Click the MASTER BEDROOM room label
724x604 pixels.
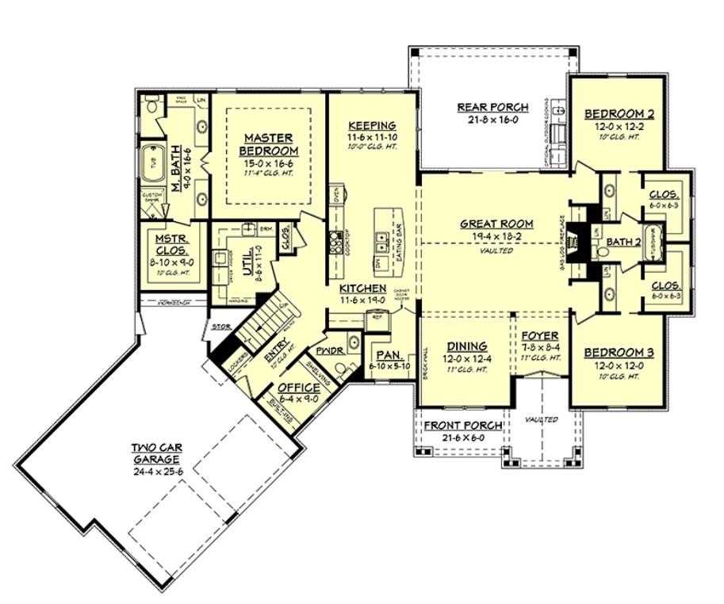[x=265, y=144]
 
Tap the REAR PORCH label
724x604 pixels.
[x=488, y=108]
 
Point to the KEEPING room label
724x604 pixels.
[x=372, y=126]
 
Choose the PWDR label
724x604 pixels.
[x=328, y=350]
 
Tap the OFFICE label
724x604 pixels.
[x=299, y=388]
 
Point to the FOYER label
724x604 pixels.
[x=540, y=335]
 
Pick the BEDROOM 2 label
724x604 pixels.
[x=618, y=113]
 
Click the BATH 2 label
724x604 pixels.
[x=623, y=242]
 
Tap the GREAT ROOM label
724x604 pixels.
[x=496, y=224]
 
